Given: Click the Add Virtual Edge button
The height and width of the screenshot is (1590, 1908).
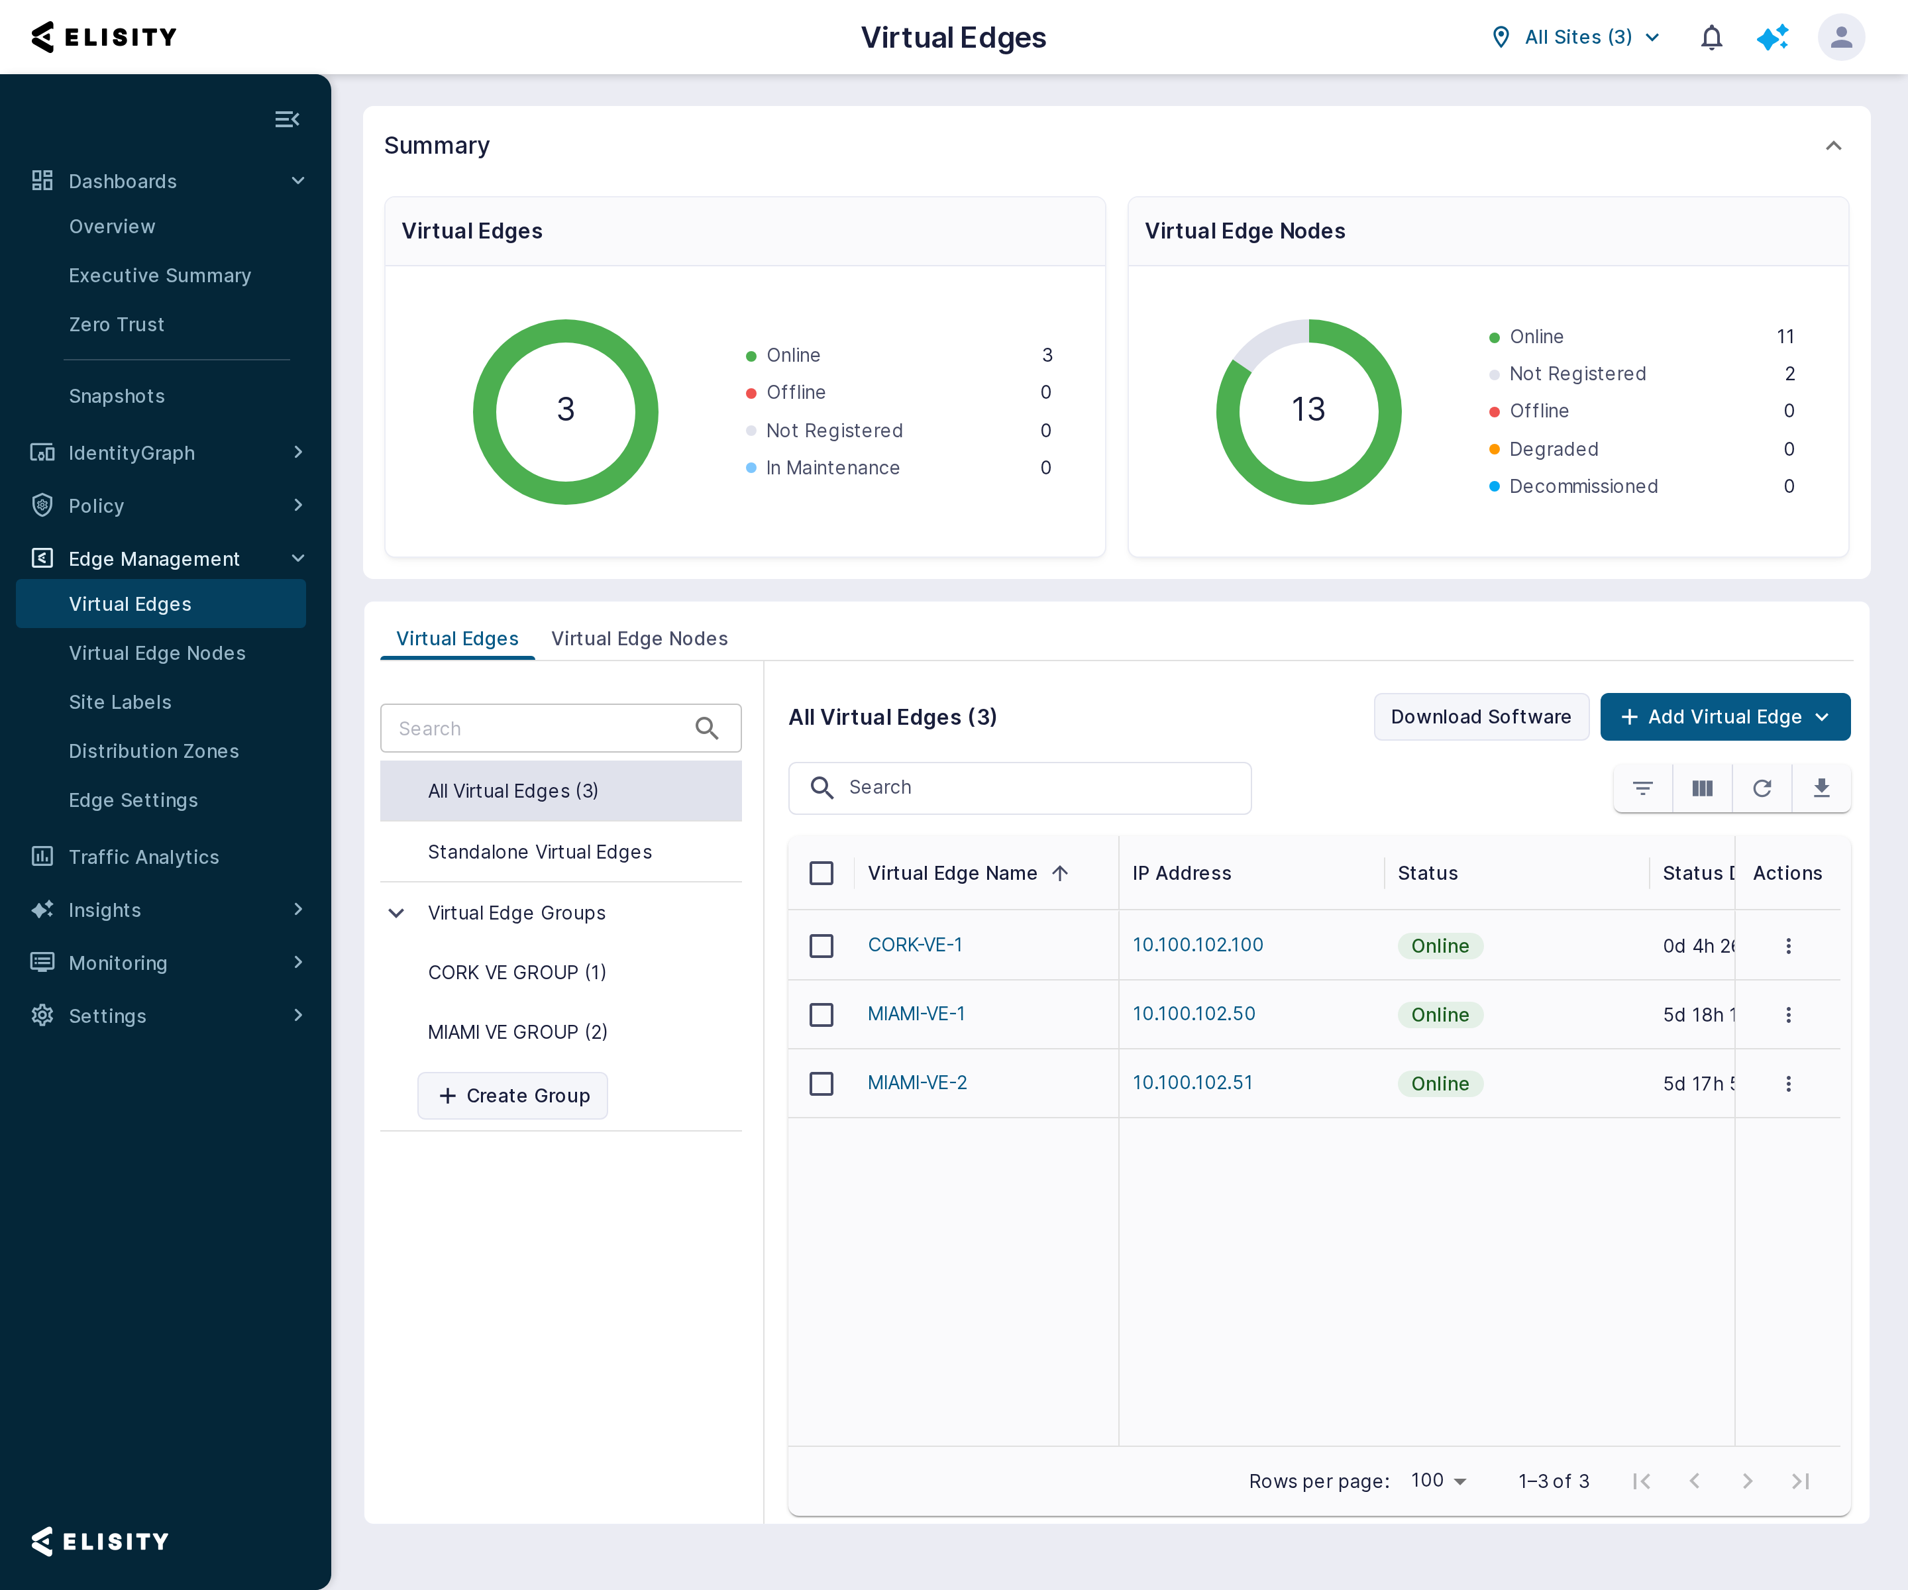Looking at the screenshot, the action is (x=1724, y=717).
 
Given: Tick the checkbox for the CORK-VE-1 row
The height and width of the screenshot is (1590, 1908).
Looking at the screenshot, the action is (x=821, y=946).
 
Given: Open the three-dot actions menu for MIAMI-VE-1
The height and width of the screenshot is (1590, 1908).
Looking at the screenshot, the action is (x=1788, y=1015).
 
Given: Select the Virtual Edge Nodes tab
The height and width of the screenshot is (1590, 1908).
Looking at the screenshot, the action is (x=639, y=639).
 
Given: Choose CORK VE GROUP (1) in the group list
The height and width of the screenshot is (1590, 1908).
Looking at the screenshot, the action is (x=517, y=972).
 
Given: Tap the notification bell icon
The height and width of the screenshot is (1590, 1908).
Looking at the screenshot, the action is (x=1711, y=37).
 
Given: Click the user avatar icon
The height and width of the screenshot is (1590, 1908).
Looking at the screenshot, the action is (x=1841, y=37).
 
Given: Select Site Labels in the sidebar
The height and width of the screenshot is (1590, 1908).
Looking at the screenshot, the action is (x=120, y=702).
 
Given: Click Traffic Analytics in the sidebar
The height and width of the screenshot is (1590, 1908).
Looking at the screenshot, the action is (x=144, y=857).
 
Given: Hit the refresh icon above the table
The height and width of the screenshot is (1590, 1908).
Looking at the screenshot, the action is (x=1762, y=788).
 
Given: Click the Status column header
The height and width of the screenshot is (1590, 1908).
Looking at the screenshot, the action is (x=1428, y=873).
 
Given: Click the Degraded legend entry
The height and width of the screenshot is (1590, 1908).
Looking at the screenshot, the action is (x=1554, y=449).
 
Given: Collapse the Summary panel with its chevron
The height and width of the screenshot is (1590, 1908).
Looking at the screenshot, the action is (x=1834, y=146).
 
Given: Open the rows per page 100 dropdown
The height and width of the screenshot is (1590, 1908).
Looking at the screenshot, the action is (x=1439, y=1481).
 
